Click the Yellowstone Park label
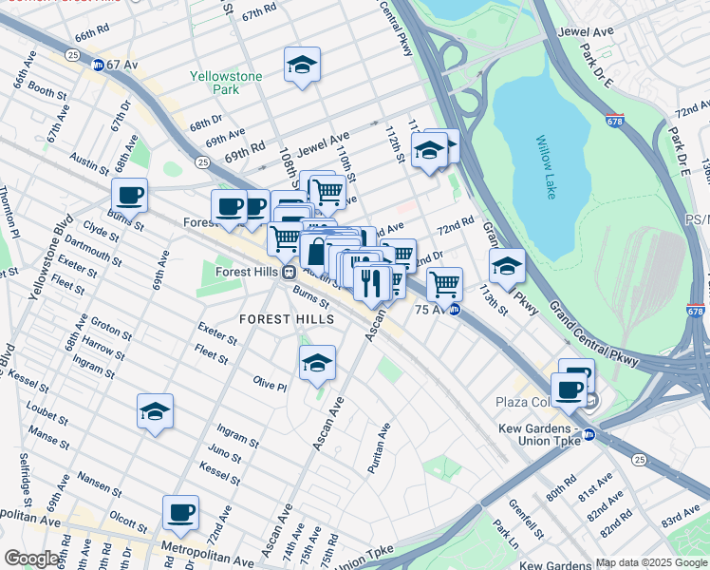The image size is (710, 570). [x=214, y=83]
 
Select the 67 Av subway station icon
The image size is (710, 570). [x=98, y=65]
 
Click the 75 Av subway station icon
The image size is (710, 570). [x=455, y=309]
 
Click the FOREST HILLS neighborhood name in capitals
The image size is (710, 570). [x=287, y=319]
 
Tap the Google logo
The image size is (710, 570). [x=31, y=559]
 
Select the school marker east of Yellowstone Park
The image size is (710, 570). [x=302, y=65]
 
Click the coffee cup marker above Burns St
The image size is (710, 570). [x=130, y=196]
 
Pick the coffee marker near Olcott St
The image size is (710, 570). [x=180, y=513]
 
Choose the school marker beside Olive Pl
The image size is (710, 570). [x=317, y=362]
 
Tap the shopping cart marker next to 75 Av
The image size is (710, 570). [x=444, y=282]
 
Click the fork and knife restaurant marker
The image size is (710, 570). [x=371, y=280]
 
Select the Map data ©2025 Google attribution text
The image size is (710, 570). [x=650, y=562]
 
